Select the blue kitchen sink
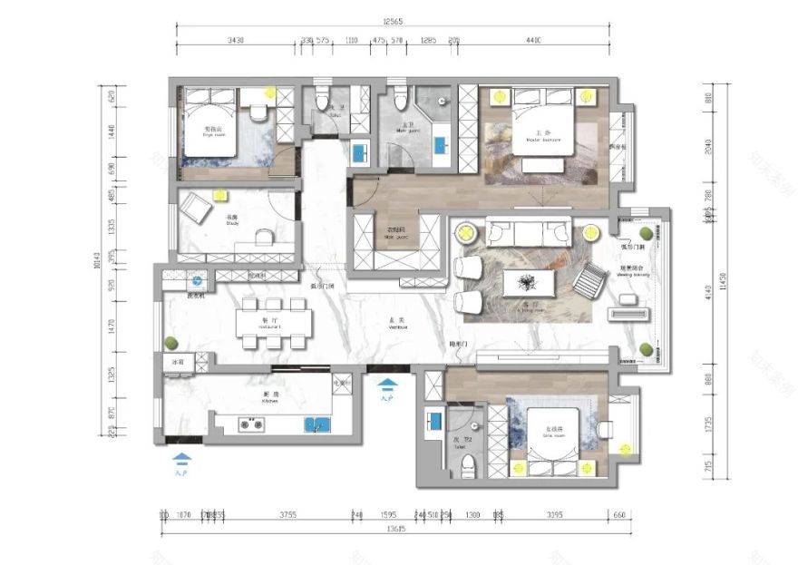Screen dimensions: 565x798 [316, 423]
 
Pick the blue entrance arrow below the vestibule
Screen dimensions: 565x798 [387, 385]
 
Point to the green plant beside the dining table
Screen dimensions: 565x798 [170, 343]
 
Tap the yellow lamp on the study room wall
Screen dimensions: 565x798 [219, 193]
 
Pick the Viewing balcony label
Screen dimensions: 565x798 [631, 270]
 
